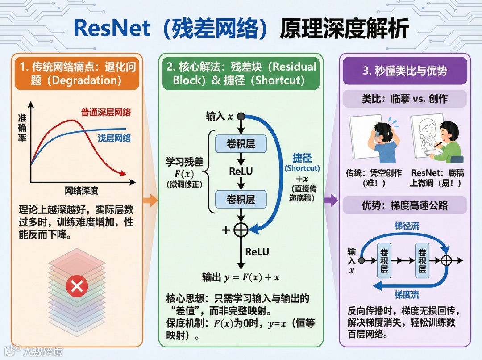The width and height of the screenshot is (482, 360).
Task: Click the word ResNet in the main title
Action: (112, 28)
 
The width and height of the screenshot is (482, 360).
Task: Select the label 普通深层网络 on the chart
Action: (109, 112)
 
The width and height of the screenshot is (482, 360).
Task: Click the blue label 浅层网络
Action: (114, 138)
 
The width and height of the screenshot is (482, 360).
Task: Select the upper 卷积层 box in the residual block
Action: (241, 144)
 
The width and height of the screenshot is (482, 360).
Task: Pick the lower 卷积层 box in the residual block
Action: (241, 199)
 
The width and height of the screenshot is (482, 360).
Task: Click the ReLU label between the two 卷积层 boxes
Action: (241, 172)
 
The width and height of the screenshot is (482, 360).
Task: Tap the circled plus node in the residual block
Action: (241, 230)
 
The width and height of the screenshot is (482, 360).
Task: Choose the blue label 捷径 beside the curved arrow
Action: (302, 158)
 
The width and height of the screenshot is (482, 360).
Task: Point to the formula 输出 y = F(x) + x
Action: (241, 277)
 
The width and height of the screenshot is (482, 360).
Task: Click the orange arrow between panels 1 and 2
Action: (151, 201)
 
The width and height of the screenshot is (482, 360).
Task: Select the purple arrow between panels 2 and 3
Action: (330, 201)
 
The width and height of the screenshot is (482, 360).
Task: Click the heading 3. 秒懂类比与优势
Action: (405, 71)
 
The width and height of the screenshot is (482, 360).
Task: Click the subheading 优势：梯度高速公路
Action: (405, 206)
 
